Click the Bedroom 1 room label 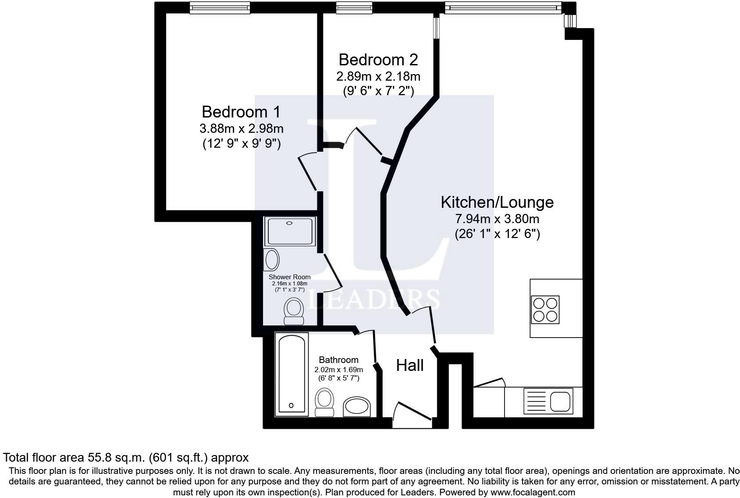(x=241, y=112)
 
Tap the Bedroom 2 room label (x=378, y=59)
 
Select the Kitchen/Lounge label (x=497, y=202)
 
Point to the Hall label (x=409, y=365)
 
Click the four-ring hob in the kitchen (x=545, y=309)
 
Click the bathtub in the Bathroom (x=291, y=374)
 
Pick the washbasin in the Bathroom (x=357, y=407)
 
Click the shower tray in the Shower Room (x=289, y=231)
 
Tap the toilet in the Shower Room (x=293, y=311)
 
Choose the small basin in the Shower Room (x=272, y=260)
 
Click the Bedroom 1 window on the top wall (x=220, y=7)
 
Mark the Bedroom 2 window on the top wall (x=354, y=7)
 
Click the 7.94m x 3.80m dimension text (x=497, y=218)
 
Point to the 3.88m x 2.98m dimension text (x=241, y=128)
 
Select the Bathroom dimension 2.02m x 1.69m (x=338, y=370)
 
